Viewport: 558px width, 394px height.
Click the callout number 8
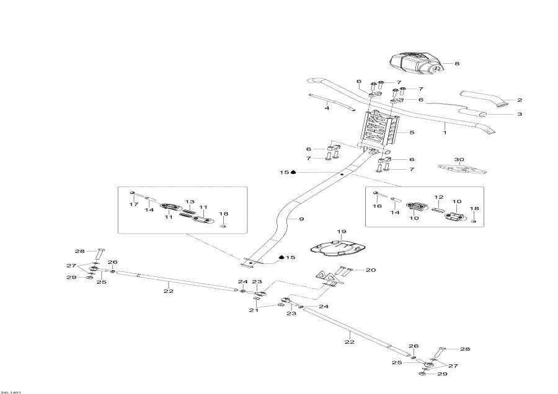click(457, 63)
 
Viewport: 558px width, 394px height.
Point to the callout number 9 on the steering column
click(302, 219)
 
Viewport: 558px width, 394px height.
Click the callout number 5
click(412, 132)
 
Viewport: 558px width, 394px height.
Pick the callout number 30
click(459, 159)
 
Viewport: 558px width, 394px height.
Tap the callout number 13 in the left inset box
click(189, 202)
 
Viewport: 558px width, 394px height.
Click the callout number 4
click(327, 108)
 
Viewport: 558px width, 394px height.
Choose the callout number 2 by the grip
click(520, 100)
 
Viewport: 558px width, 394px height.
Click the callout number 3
click(520, 114)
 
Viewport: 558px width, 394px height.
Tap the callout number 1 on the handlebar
click(445, 132)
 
